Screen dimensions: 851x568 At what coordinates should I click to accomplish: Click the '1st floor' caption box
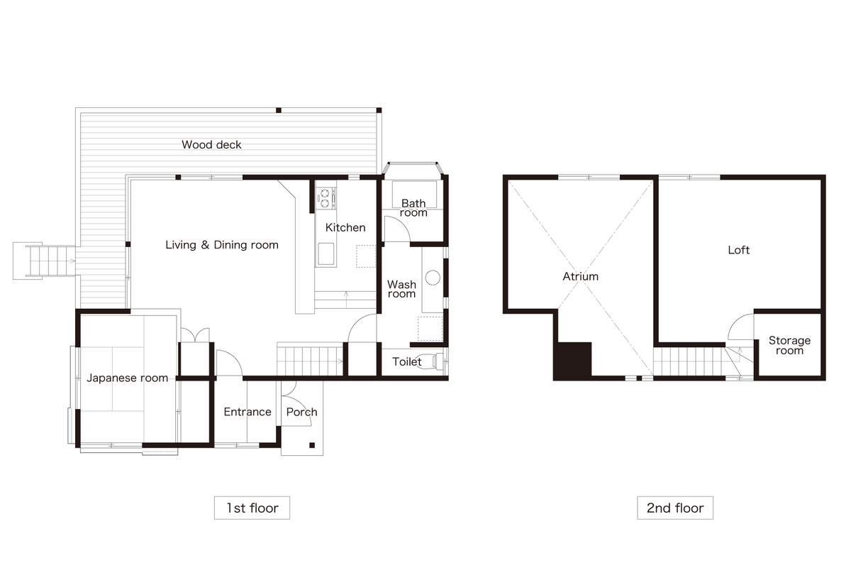pos(252,508)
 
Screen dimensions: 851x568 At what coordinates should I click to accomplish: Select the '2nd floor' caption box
pos(675,508)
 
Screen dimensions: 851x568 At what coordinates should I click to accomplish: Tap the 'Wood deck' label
pos(211,145)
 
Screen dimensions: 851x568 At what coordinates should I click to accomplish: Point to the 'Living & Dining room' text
pos(222,245)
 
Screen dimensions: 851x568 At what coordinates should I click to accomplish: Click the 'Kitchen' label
pos(345,227)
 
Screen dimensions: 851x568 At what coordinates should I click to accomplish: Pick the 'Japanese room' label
pos(127,378)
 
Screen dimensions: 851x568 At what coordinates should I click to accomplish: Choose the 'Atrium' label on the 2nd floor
pos(581,276)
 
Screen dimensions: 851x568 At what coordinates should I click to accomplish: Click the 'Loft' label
pos(738,250)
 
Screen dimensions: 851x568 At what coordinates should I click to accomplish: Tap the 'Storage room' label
pos(789,346)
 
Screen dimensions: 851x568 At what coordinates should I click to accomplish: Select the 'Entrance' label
pos(247,412)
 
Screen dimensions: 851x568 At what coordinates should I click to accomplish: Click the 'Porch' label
pos(301,412)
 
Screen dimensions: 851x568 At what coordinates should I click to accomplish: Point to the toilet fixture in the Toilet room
pos(434,361)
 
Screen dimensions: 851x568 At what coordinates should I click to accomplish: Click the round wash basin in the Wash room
pos(433,278)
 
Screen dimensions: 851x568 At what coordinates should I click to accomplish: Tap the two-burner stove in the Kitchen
pos(326,198)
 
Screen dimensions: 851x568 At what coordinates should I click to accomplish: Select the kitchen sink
pos(326,253)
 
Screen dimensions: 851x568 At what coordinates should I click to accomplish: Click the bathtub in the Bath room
pos(414,194)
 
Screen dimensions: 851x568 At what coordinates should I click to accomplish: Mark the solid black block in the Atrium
pos(572,361)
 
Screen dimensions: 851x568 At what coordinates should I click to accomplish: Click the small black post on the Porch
pos(312,445)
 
